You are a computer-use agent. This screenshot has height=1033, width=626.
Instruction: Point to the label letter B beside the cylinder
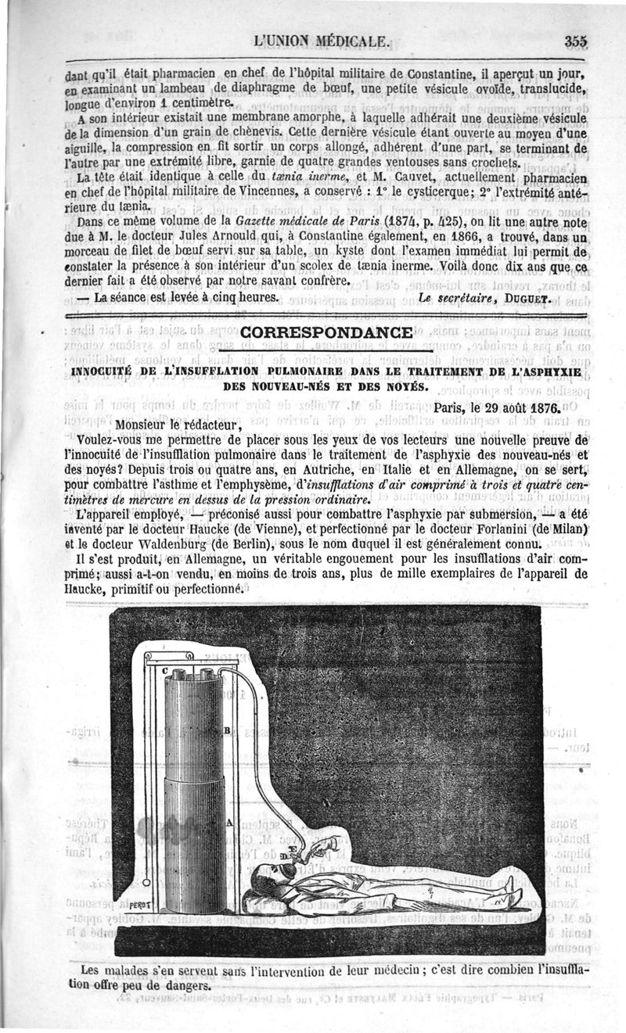tap(227, 730)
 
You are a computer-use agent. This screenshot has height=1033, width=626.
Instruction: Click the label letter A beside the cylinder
tap(228, 823)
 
